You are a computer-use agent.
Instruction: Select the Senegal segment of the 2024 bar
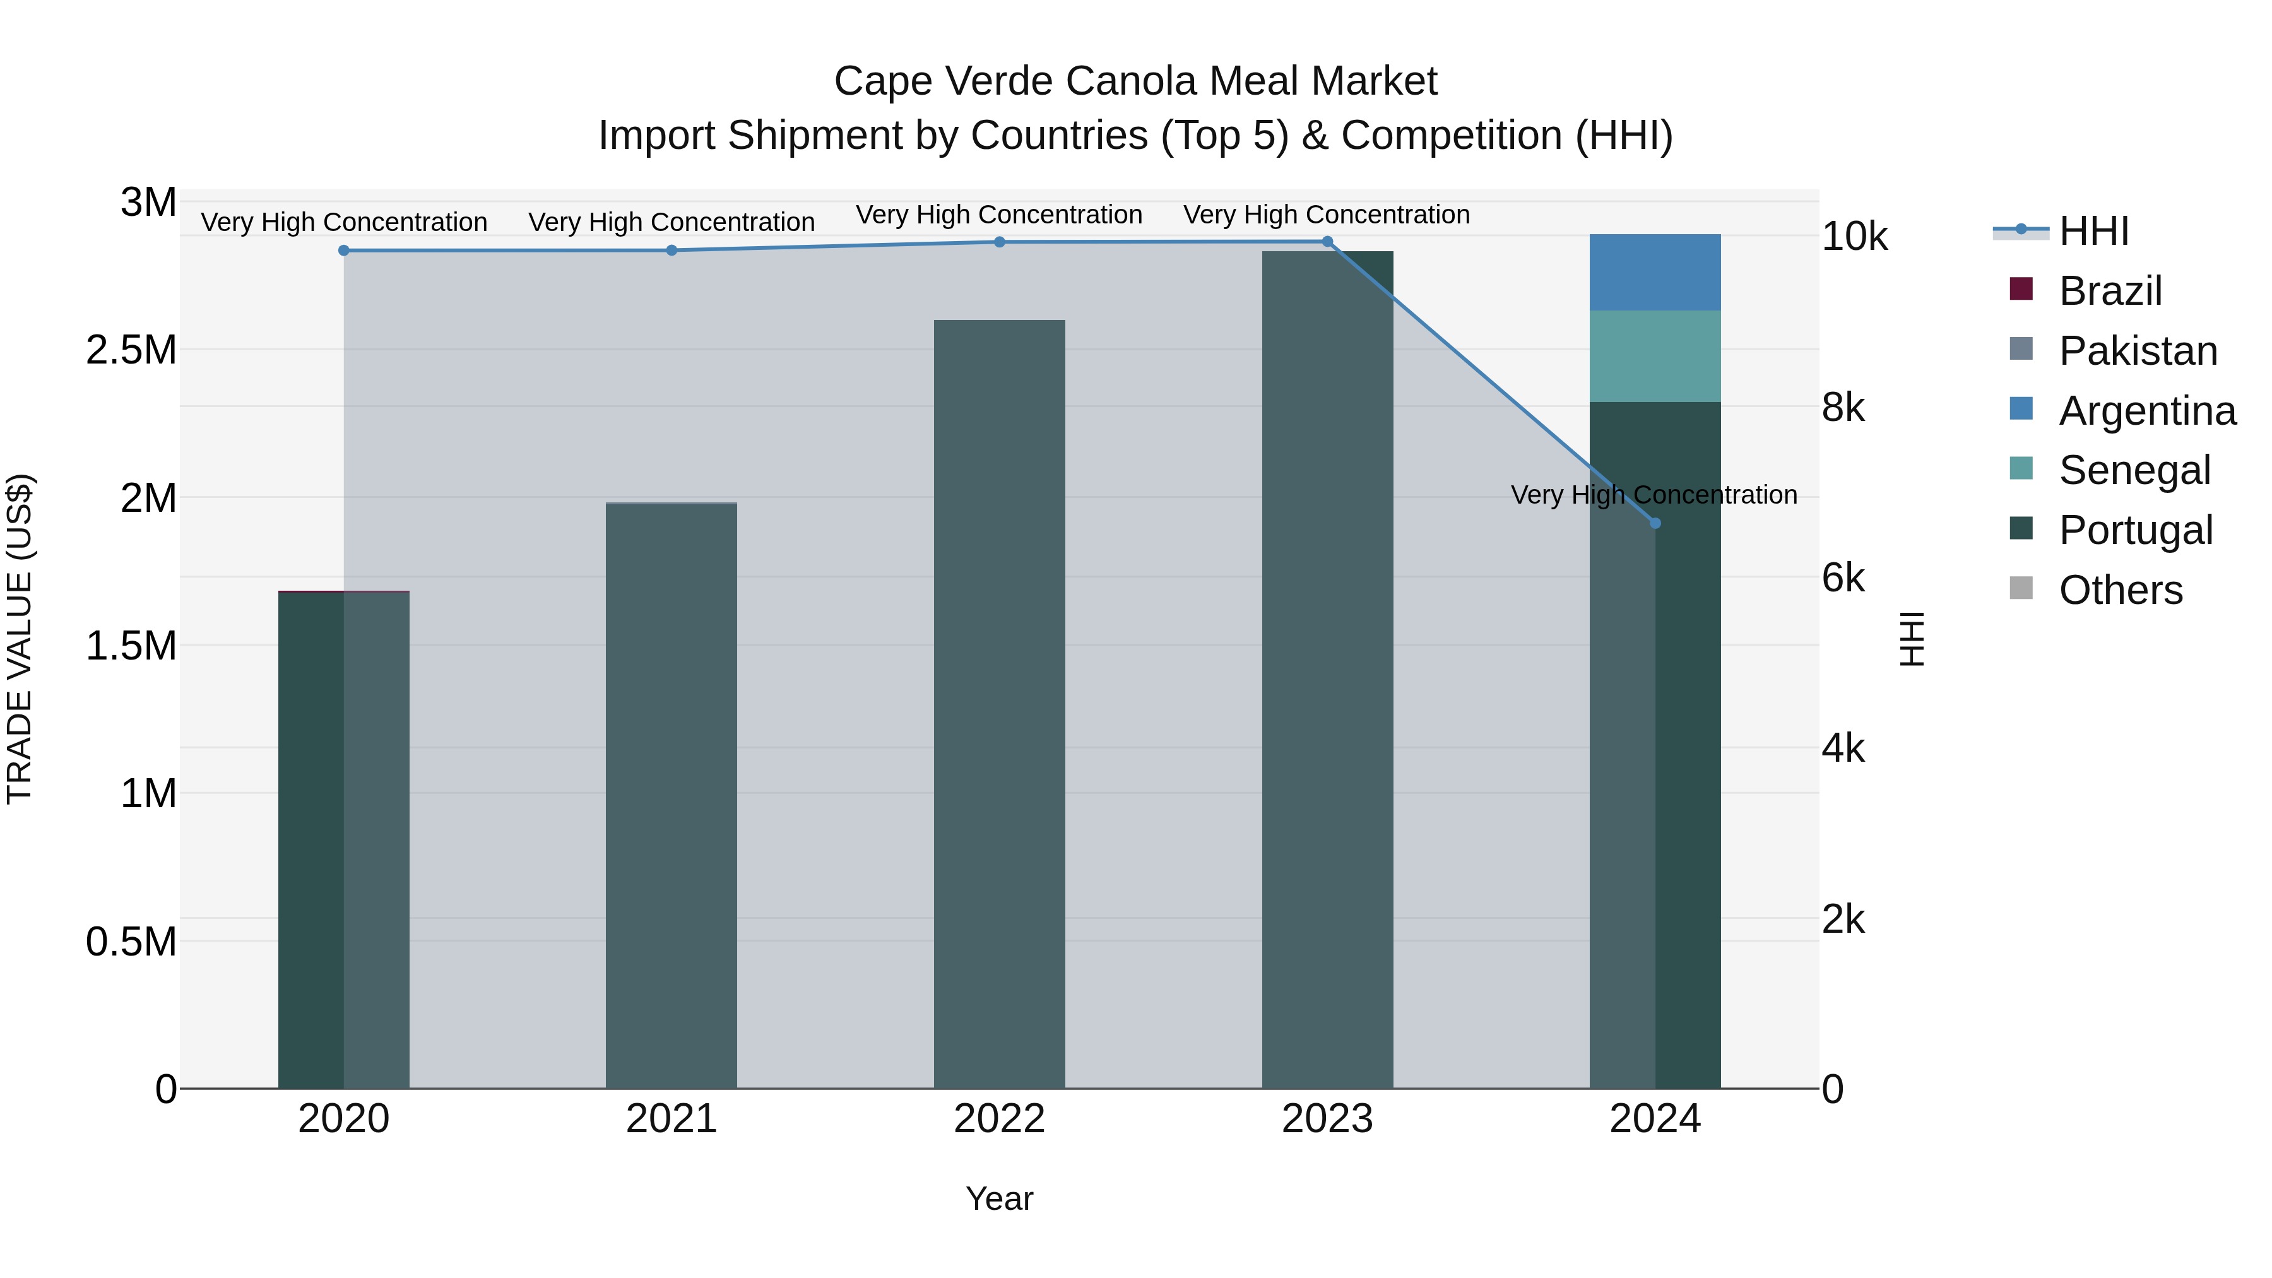point(1655,357)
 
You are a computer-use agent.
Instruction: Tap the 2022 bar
point(999,706)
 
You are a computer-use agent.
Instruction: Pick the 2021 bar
point(672,794)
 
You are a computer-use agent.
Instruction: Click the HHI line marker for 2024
point(1655,523)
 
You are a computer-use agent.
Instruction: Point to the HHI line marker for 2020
point(344,251)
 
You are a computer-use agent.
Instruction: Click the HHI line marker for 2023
point(1327,242)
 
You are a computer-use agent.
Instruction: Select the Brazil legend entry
point(2110,291)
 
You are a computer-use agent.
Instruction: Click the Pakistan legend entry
point(2137,351)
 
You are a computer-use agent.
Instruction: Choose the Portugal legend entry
point(2135,530)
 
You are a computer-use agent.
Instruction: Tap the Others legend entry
point(2121,590)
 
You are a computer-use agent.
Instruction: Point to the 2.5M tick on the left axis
point(131,350)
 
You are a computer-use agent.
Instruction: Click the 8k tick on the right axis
point(1844,408)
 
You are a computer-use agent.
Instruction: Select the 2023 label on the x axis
point(1327,1119)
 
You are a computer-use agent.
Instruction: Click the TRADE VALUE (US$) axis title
point(20,639)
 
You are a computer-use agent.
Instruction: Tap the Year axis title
point(999,1198)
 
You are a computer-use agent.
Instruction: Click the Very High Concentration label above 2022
point(999,215)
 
